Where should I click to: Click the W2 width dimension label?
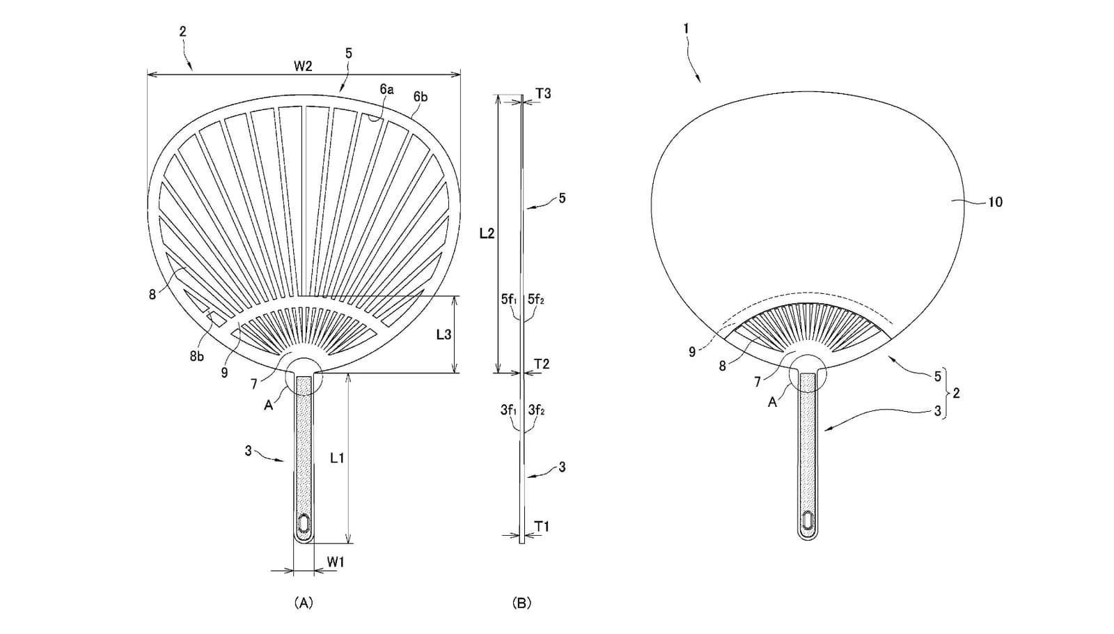[x=303, y=66]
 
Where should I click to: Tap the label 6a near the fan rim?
[x=386, y=89]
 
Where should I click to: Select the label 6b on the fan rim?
[x=421, y=97]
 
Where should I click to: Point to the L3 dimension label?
[x=444, y=334]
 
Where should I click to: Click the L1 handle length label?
[x=337, y=458]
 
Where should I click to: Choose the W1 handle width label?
[x=336, y=562]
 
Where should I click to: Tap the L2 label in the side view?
[x=487, y=233]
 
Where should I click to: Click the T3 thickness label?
[x=543, y=93]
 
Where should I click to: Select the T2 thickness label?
[x=542, y=364]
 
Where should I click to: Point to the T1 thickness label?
[x=542, y=526]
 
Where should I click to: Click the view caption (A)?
[x=304, y=603]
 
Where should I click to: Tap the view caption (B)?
[x=521, y=603]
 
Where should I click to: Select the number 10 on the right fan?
[x=995, y=202]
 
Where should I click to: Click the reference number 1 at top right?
[x=687, y=29]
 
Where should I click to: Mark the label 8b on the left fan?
[x=196, y=356]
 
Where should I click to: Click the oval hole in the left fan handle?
[x=304, y=523]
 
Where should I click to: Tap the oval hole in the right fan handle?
[x=808, y=520]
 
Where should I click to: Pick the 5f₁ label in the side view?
[x=509, y=299]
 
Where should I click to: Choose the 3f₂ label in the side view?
[x=537, y=410]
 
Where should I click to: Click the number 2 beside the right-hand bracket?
[x=955, y=393]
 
